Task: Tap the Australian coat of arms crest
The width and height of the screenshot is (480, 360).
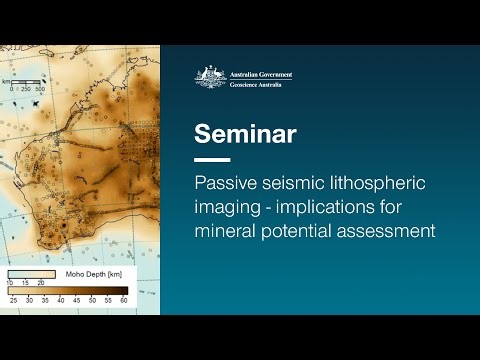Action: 210,76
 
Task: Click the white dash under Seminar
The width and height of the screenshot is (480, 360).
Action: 212,159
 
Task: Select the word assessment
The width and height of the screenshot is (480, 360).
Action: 388,231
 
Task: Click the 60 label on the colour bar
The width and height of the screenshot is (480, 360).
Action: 124,299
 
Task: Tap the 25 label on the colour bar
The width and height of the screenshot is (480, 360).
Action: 14,299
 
